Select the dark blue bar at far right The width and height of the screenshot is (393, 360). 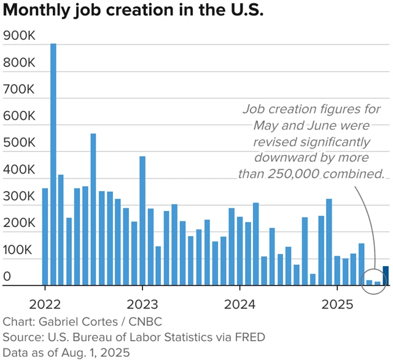[x=386, y=276]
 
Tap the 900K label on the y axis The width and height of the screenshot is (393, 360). [x=19, y=37]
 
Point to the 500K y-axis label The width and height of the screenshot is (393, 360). [x=19, y=144]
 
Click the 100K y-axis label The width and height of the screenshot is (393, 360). [x=19, y=250]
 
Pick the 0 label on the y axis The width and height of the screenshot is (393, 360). [x=7, y=277]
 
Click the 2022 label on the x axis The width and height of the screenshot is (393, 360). [x=45, y=304]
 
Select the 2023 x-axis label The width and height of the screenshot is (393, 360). [x=142, y=304]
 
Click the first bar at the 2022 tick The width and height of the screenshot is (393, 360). [x=45, y=237]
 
